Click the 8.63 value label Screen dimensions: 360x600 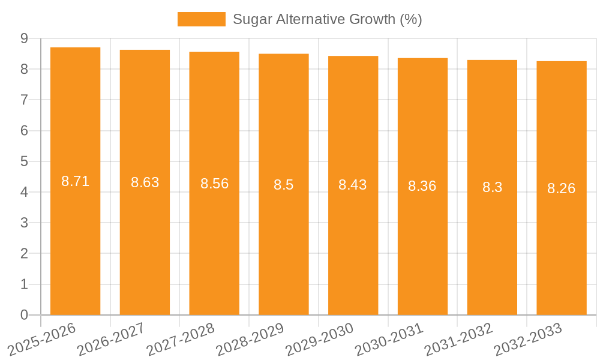[145, 182]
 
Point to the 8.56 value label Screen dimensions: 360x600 [214, 184]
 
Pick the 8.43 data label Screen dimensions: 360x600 [353, 185]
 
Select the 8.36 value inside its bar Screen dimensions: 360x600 [422, 186]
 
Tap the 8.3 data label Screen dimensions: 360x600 [492, 187]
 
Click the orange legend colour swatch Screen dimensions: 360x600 [201, 19]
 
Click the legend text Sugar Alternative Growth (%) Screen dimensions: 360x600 [328, 19]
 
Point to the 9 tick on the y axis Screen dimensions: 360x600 [24, 38]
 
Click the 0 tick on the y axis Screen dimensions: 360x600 [24, 315]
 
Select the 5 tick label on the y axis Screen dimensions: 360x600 [24, 161]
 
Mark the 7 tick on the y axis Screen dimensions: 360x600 [24, 100]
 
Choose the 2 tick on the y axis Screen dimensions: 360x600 [24, 254]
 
